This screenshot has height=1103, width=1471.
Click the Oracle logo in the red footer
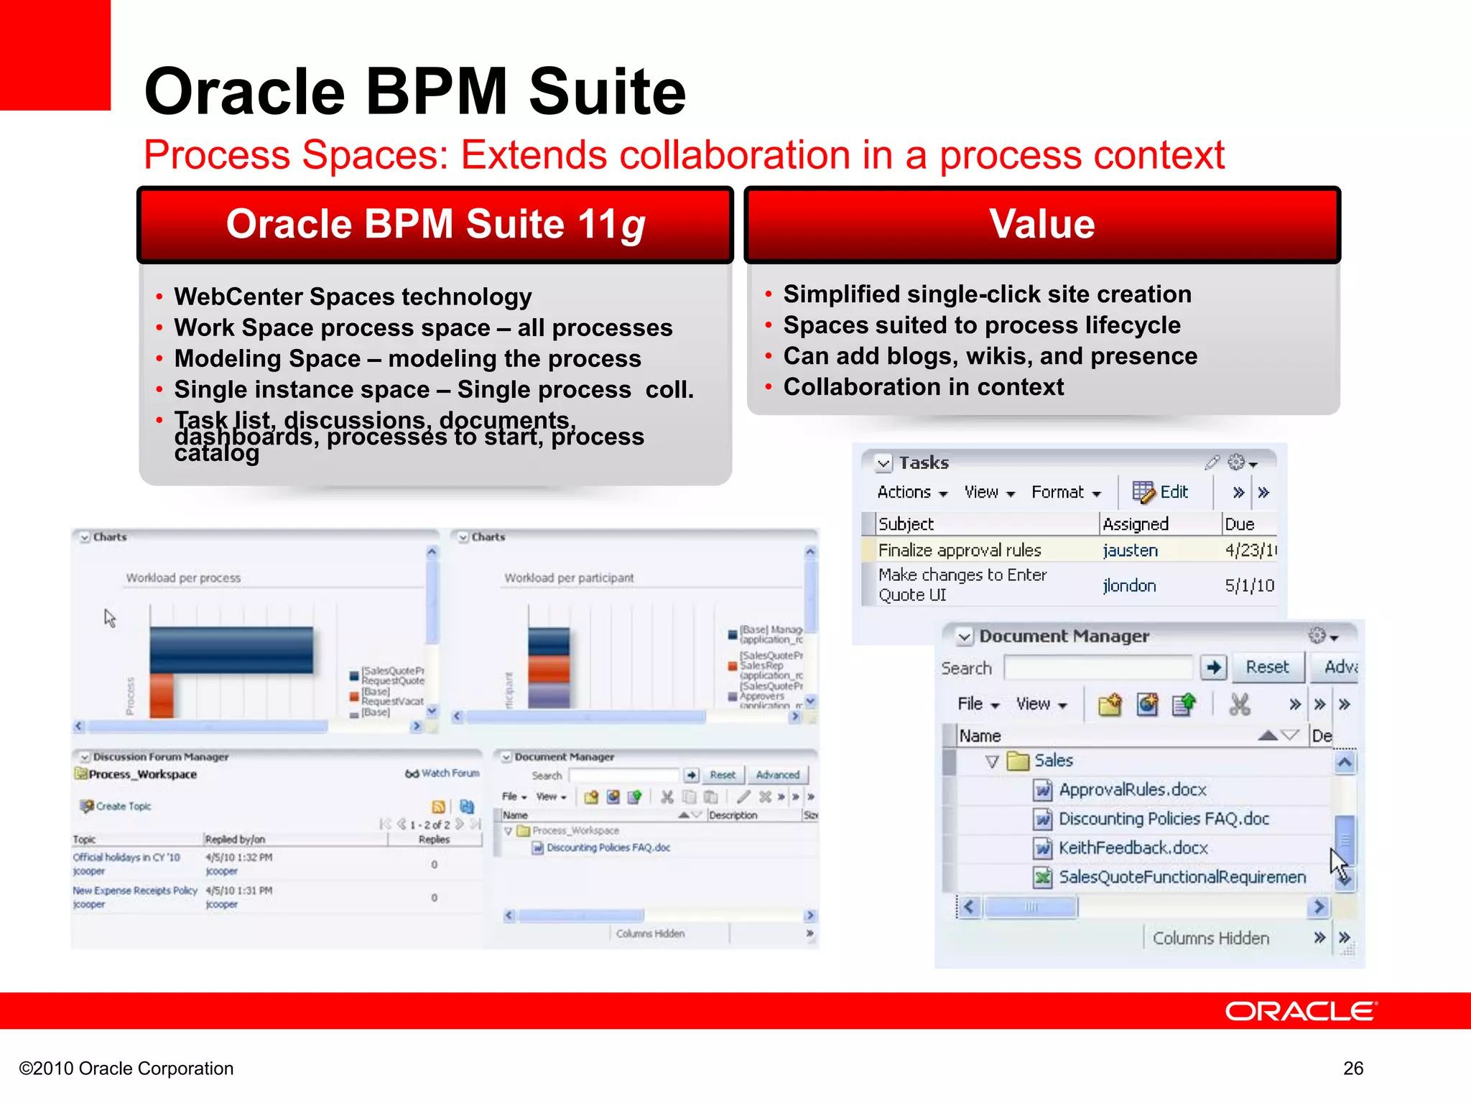(1300, 1011)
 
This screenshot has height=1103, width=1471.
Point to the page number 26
(1353, 1068)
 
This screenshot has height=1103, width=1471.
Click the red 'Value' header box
(1042, 224)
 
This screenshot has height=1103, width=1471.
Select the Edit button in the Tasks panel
(1161, 492)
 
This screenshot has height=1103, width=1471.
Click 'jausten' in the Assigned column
(1130, 550)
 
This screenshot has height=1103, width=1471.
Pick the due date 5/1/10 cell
(1249, 585)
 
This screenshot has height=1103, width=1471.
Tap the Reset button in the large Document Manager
(1266, 667)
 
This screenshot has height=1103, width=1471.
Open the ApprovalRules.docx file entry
(1132, 790)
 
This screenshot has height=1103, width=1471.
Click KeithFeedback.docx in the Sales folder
(1133, 848)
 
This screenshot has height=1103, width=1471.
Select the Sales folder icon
(1018, 761)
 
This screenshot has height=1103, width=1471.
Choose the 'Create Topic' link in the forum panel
(123, 806)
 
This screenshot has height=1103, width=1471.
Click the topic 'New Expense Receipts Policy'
(134, 890)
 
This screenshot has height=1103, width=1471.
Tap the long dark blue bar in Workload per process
(231, 650)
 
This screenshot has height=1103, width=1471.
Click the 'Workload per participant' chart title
(569, 578)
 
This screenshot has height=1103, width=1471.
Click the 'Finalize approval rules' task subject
(959, 550)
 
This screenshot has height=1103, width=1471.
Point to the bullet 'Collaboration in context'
(923, 387)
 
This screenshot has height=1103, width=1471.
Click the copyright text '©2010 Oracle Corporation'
(126, 1069)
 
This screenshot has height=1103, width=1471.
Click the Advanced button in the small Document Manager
(777, 775)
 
